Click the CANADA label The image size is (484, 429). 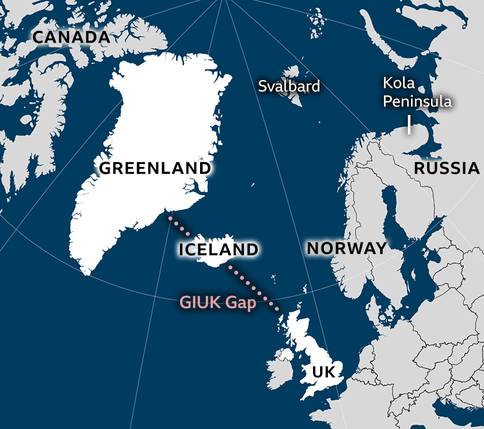click(71, 37)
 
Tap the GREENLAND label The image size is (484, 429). click(155, 169)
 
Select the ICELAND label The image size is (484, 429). click(218, 249)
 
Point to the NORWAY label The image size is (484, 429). click(347, 248)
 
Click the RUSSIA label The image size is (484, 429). click(447, 169)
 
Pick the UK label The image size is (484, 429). click(323, 372)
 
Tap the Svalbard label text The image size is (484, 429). click(288, 87)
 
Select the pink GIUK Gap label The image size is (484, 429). click(217, 302)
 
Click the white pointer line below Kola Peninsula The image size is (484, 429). click(409, 125)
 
